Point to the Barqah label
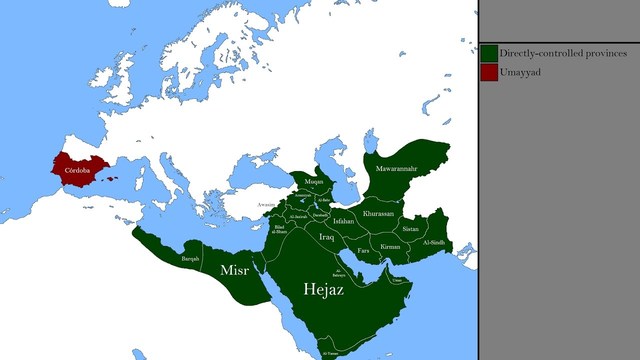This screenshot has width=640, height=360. [190, 259]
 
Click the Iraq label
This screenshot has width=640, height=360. [326, 237]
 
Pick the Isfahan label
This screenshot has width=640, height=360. [344, 221]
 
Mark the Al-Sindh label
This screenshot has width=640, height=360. [434, 243]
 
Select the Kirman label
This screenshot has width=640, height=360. [390, 245]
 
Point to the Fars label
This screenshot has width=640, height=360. [363, 248]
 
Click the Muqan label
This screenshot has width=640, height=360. [315, 182]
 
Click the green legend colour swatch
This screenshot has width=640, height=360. [489, 52]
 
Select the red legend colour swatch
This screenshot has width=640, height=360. [489, 72]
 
